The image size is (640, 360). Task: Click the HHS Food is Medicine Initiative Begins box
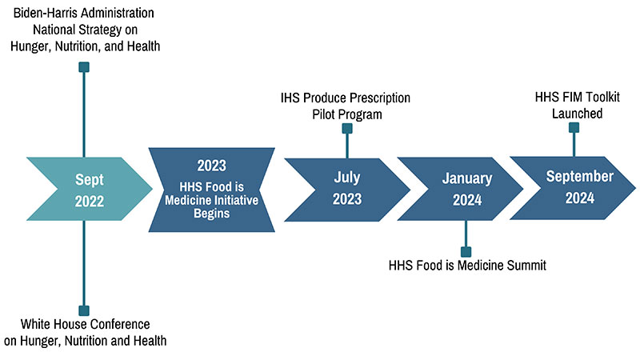(x=211, y=190)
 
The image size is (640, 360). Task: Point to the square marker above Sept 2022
(x=84, y=67)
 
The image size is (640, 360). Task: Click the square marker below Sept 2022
(x=84, y=310)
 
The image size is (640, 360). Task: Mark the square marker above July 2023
(x=347, y=129)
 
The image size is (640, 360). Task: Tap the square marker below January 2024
(x=466, y=252)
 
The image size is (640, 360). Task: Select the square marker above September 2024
(x=574, y=128)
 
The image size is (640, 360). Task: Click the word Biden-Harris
(x=38, y=13)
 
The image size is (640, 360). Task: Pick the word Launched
(x=577, y=114)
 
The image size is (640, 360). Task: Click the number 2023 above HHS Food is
(x=211, y=166)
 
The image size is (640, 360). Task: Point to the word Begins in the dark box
(x=211, y=214)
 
